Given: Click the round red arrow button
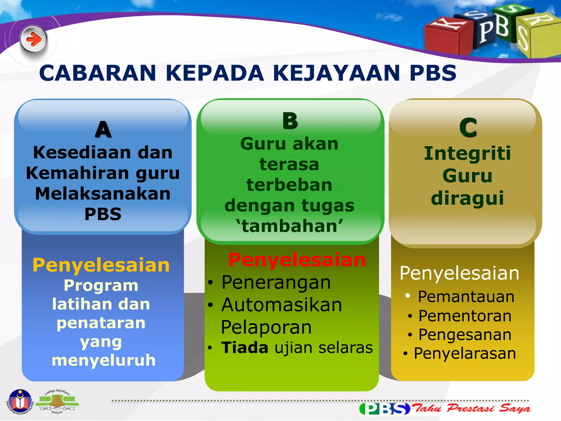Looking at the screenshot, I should [x=33, y=40].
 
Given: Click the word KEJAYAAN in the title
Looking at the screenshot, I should [x=336, y=73].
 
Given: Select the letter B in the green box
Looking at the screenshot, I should [x=290, y=121].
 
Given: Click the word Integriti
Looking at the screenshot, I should [x=467, y=153].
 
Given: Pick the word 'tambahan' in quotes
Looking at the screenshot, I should [x=290, y=226].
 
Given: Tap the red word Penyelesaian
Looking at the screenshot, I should [x=297, y=260].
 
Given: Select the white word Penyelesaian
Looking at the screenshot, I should [x=459, y=273].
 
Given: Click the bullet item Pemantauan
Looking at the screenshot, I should [x=466, y=297].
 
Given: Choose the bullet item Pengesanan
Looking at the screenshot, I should [x=465, y=335].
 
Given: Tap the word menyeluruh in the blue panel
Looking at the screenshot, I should [x=104, y=360].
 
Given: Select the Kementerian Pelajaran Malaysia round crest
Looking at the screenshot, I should [x=20, y=402].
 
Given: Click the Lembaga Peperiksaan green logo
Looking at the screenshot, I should [x=57, y=402].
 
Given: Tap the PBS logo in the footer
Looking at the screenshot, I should [x=385, y=409].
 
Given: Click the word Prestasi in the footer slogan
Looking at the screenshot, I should [x=470, y=408].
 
